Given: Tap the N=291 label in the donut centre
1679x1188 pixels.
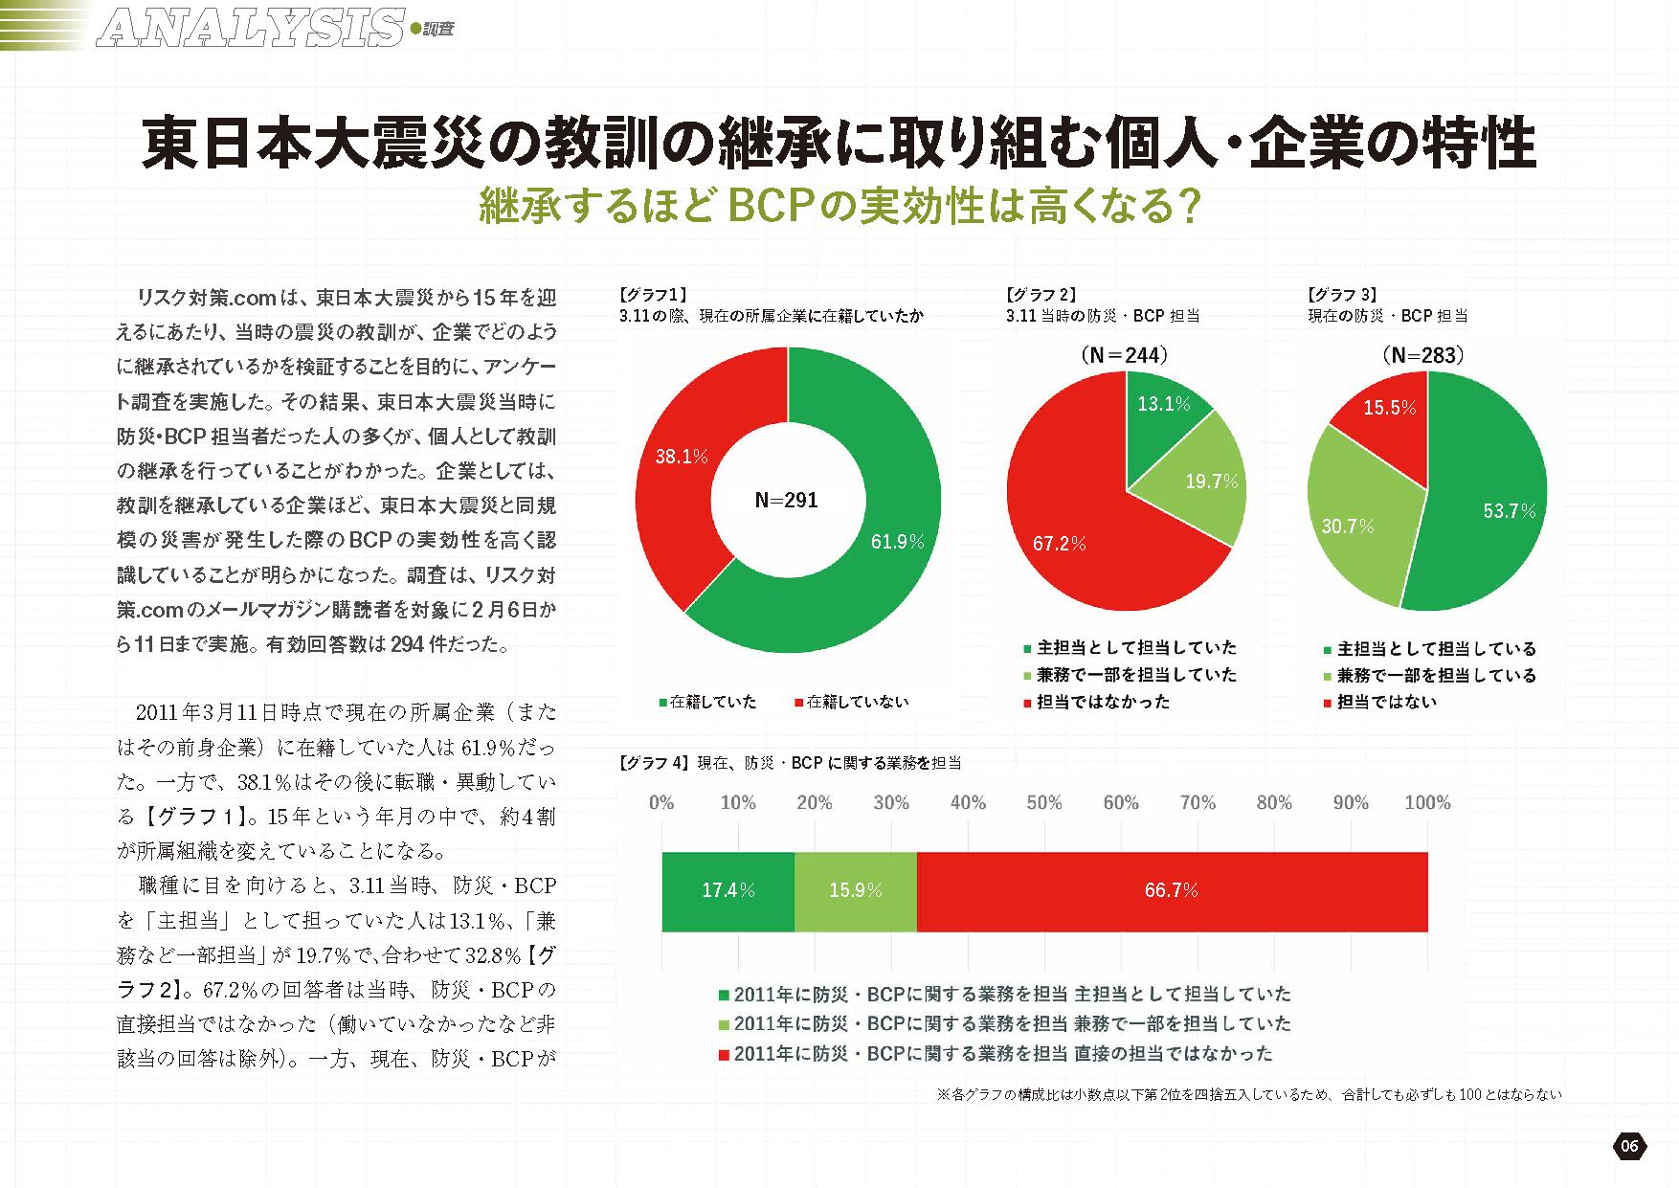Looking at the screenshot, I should pos(786,501).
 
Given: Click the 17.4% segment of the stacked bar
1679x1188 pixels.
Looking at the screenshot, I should pos(728,891).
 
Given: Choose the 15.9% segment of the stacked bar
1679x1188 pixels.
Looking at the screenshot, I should pos(855,891).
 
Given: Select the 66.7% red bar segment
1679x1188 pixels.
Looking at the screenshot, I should pos(1171,891).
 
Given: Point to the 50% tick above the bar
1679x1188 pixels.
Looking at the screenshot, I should pos(1044,802).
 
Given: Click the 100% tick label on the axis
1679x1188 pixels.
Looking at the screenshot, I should pos(1427,802).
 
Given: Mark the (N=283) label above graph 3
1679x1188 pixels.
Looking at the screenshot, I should pos(1423,355).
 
